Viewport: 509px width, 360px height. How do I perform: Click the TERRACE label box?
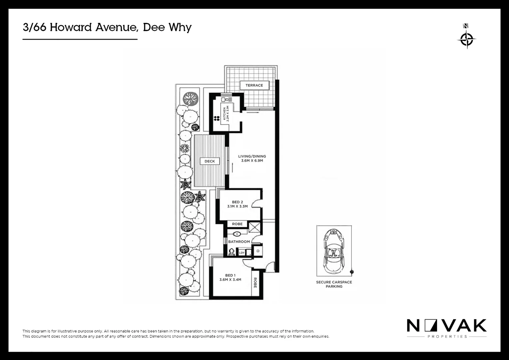(x=254, y=85)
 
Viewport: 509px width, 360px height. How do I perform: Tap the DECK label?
(x=210, y=161)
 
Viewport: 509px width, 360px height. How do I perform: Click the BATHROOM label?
(x=239, y=242)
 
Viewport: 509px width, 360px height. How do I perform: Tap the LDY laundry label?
(x=242, y=253)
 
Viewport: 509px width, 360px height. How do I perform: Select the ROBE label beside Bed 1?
(x=255, y=283)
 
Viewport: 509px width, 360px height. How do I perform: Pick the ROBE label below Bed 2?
(x=237, y=224)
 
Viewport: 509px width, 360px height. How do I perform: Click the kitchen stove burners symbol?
(x=216, y=118)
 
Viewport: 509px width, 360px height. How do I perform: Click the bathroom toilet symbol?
(x=232, y=251)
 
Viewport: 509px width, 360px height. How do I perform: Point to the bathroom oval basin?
(x=237, y=234)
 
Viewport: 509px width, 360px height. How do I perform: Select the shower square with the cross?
(x=255, y=228)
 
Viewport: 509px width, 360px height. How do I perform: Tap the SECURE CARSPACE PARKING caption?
(x=334, y=284)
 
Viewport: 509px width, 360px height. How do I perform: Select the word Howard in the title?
(x=71, y=27)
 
